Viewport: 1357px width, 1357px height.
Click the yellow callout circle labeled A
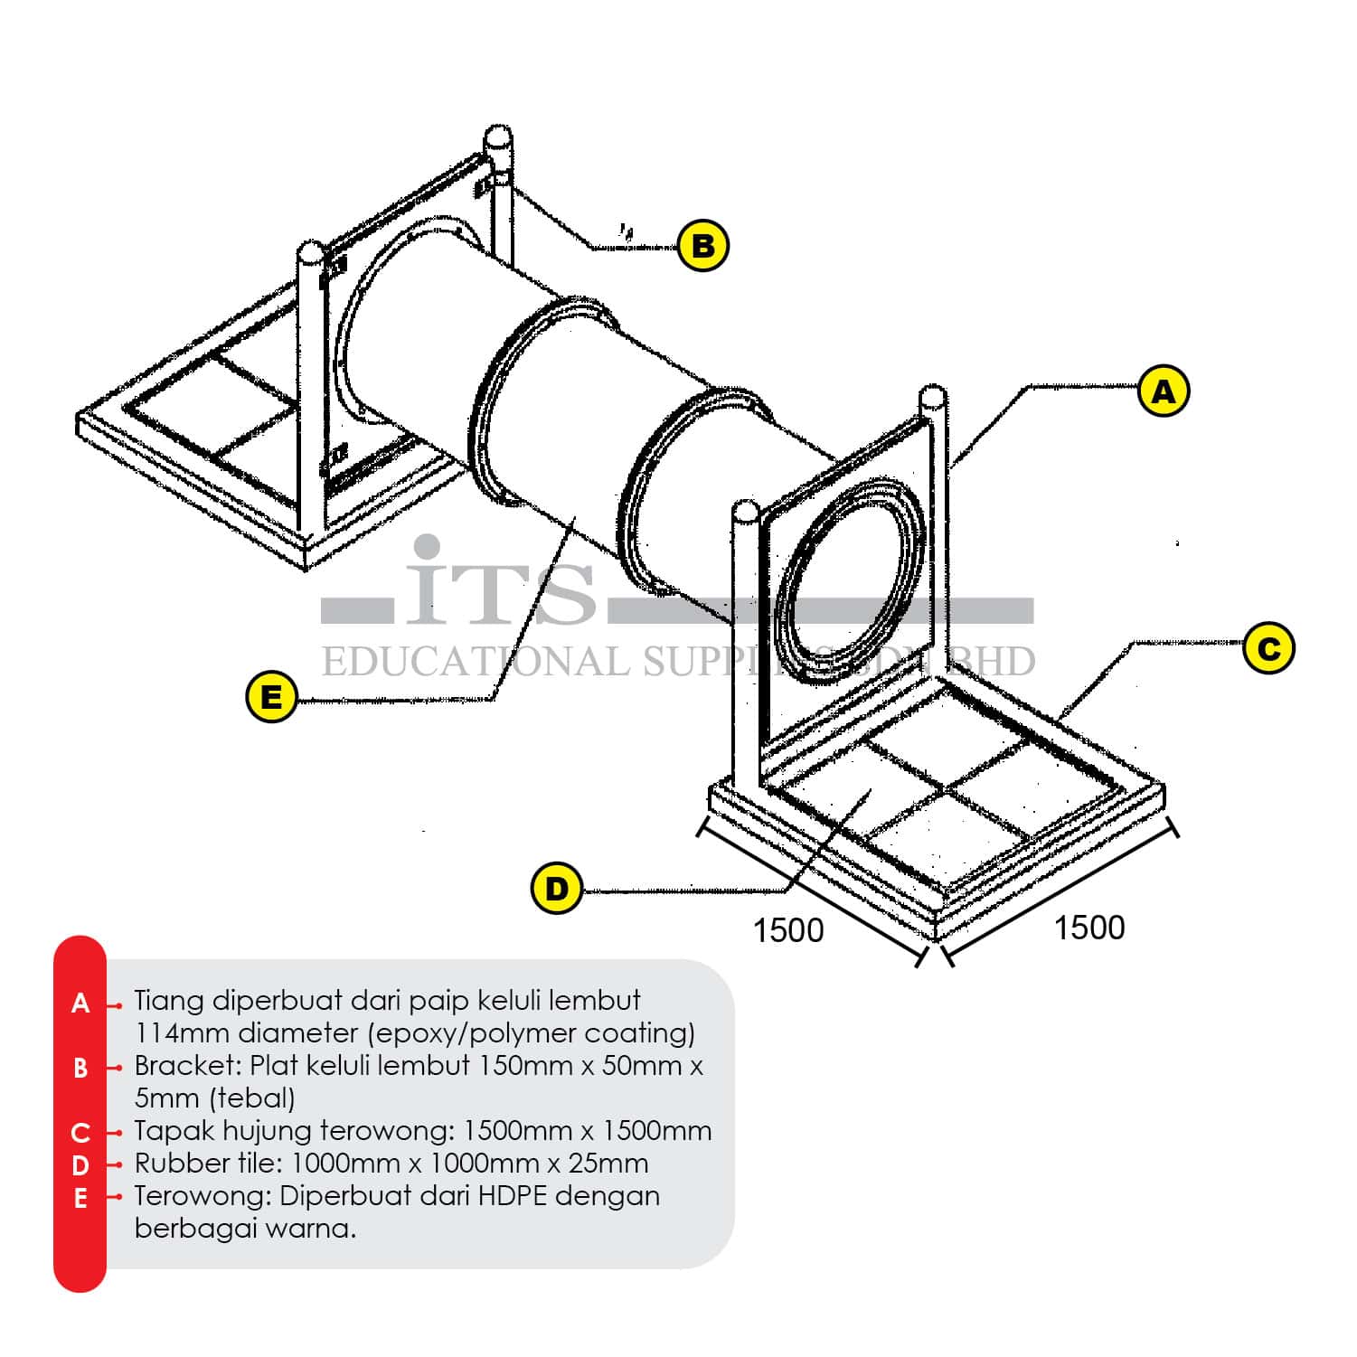(1164, 391)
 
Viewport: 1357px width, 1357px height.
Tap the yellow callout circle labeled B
(703, 245)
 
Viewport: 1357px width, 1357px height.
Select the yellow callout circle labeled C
(1268, 648)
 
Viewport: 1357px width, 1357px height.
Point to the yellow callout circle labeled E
(271, 697)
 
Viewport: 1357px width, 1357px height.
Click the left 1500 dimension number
(788, 930)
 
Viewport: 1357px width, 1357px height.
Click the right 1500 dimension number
(1089, 928)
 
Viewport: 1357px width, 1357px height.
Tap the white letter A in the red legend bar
(80, 1004)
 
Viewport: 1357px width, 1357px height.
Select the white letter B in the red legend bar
(80, 1069)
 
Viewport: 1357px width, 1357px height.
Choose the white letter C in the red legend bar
(80, 1133)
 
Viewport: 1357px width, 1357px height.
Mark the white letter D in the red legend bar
(80, 1165)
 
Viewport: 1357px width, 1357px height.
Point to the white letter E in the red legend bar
(80, 1199)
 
